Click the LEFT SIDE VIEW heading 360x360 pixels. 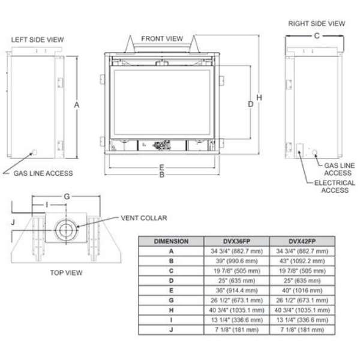(37, 40)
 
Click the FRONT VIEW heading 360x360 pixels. (162, 38)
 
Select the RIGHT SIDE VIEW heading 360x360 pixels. (316, 23)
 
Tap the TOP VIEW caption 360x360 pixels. (66, 272)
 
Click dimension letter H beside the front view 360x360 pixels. (259, 98)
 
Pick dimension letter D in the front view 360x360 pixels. (250, 104)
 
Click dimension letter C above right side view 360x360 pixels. (317, 36)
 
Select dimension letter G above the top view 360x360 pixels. (67, 196)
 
